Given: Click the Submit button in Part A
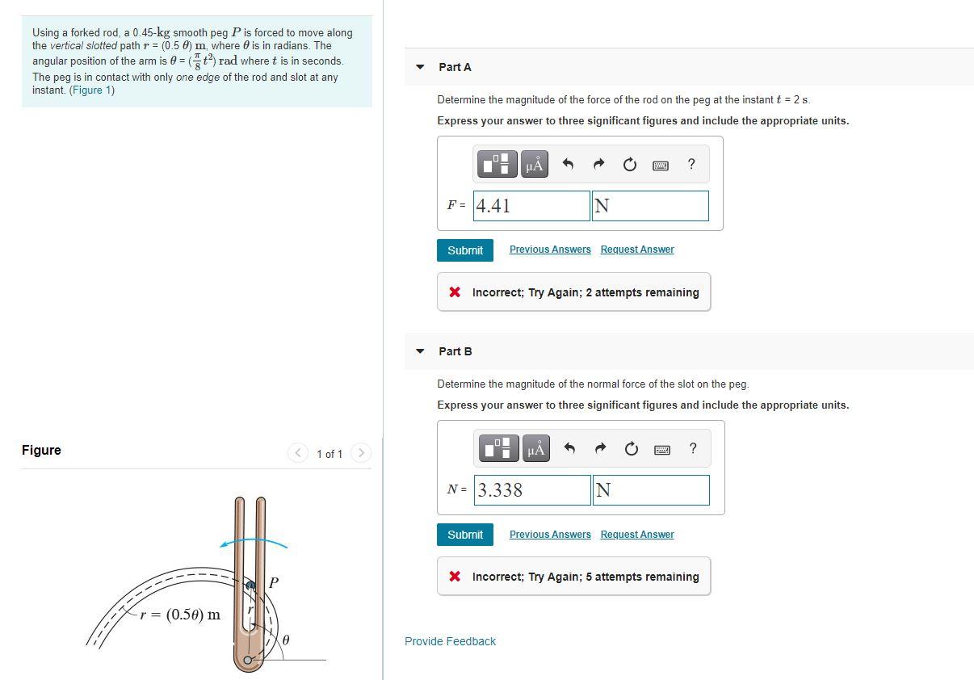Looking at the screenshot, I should (465, 250).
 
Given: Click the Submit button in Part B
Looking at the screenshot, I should (465, 535).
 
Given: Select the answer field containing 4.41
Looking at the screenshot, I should (531, 206).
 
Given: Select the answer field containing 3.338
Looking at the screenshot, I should (532, 490).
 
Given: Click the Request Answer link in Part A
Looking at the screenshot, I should (636, 250).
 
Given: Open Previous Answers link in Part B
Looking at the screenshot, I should (550, 535).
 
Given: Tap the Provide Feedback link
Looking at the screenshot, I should (450, 641).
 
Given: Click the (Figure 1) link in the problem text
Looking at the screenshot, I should (92, 90).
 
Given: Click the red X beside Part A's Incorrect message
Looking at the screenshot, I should (456, 292).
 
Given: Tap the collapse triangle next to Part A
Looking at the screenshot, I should (420, 67).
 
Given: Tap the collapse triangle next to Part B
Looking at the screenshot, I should (420, 351).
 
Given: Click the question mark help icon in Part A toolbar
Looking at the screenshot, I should (691, 164).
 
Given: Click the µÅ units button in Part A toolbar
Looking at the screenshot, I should (534, 165).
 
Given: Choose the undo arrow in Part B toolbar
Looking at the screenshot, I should (569, 449).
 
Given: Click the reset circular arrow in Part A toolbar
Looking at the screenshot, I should (629, 165).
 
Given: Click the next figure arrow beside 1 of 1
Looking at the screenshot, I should (361, 453).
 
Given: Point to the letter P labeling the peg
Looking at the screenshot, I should (273, 582).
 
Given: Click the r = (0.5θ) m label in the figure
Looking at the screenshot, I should (179, 615).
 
